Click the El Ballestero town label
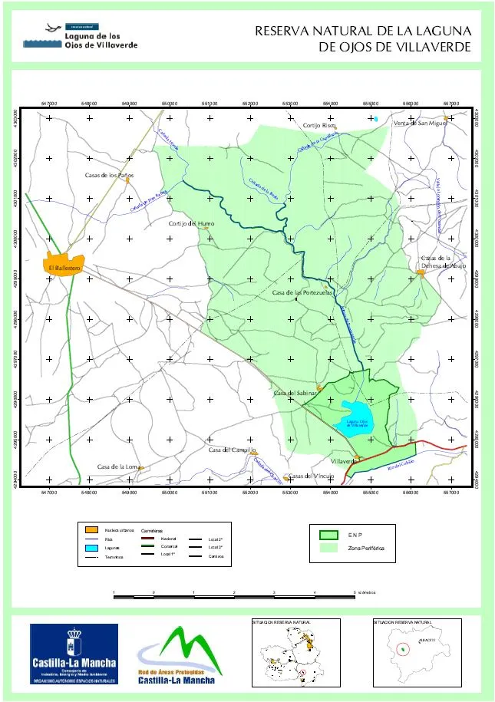pos(61,268)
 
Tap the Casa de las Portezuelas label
pos(302,293)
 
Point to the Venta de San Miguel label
pos(419,123)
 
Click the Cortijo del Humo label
pos(191,223)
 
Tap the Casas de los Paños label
pos(109,176)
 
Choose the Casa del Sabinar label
pos(295,393)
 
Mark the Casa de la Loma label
pos(118,466)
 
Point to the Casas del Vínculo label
pos(311,476)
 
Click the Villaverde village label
pos(342,461)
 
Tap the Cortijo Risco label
pos(319,124)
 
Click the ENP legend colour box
pos(328,535)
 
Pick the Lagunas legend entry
pos(112,548)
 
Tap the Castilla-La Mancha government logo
pos(74,653)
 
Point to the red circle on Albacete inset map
pos(403,649)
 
